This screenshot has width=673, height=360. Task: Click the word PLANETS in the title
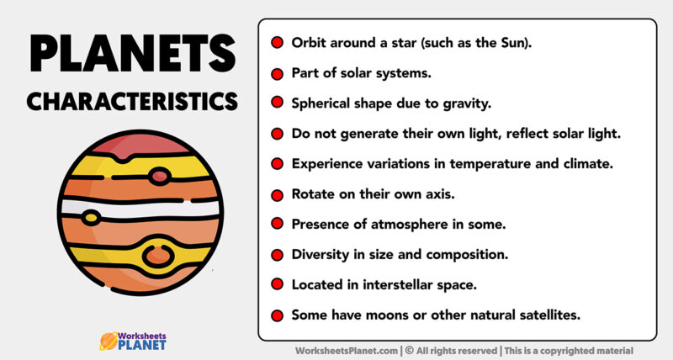[x=132, y=54]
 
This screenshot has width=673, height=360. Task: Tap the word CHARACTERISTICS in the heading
[x=132, y=101]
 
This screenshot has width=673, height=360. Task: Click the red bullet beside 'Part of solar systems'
[x=277, y=72]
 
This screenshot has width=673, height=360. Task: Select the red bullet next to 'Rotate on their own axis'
[x=277, y=193]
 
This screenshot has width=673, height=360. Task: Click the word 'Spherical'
[x=322, y=103]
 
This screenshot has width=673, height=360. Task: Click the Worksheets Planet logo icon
[x=108, y=340]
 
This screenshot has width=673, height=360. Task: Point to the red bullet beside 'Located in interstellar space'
[x=277, y=284]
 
